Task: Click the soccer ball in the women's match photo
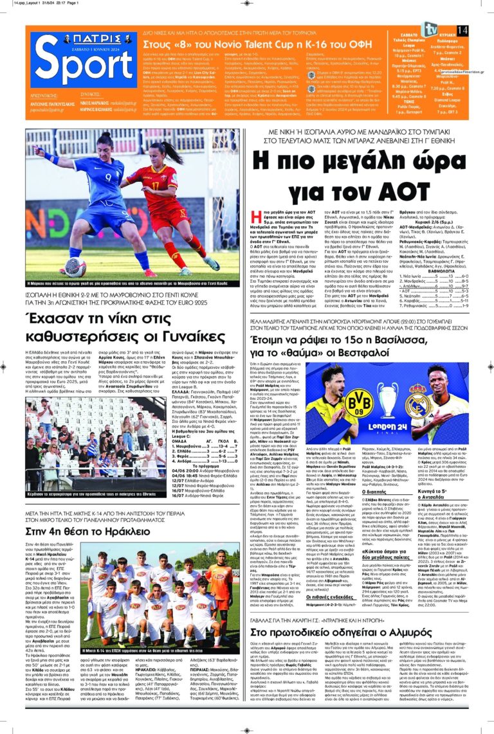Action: click(76, 268)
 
